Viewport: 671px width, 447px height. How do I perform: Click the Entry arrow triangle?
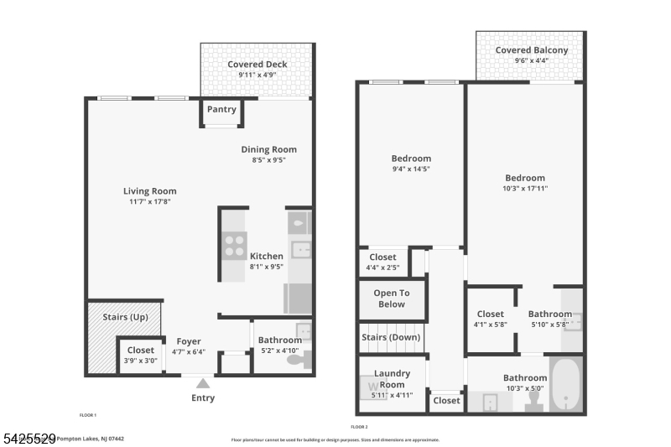pos(203,382)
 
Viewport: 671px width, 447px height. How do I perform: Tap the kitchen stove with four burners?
pos(234,245)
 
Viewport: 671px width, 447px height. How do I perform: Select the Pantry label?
pos(221,110)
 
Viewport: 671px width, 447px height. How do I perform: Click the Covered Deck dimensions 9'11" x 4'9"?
pos(257,75)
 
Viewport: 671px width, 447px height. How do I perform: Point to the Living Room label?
pos(150,191)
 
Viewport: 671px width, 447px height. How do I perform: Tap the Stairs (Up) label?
pos(125,317)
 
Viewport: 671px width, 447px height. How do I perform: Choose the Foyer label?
pos(189,340)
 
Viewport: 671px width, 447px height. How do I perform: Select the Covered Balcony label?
pos(531,50)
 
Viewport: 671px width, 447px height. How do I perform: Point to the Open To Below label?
pos(391,299)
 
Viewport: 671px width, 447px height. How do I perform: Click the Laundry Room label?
pos(391,379)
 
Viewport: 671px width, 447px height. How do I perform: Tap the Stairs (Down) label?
pos(391,337)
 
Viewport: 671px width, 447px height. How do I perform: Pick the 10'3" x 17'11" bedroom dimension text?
pos(525,189)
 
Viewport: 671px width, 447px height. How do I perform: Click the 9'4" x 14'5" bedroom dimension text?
pos(411,169)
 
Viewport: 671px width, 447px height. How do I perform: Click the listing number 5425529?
pos(29,438)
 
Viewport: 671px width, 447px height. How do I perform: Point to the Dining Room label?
pos(268,150)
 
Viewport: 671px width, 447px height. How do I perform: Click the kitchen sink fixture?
pos(299,249)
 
